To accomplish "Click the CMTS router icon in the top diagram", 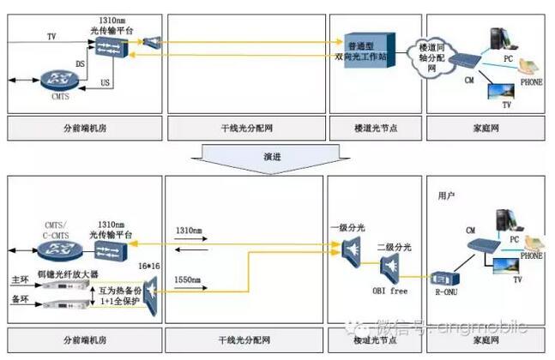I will pos(57,83).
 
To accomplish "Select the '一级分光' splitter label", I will pos(350,228).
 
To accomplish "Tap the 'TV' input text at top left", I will pos(51,35).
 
